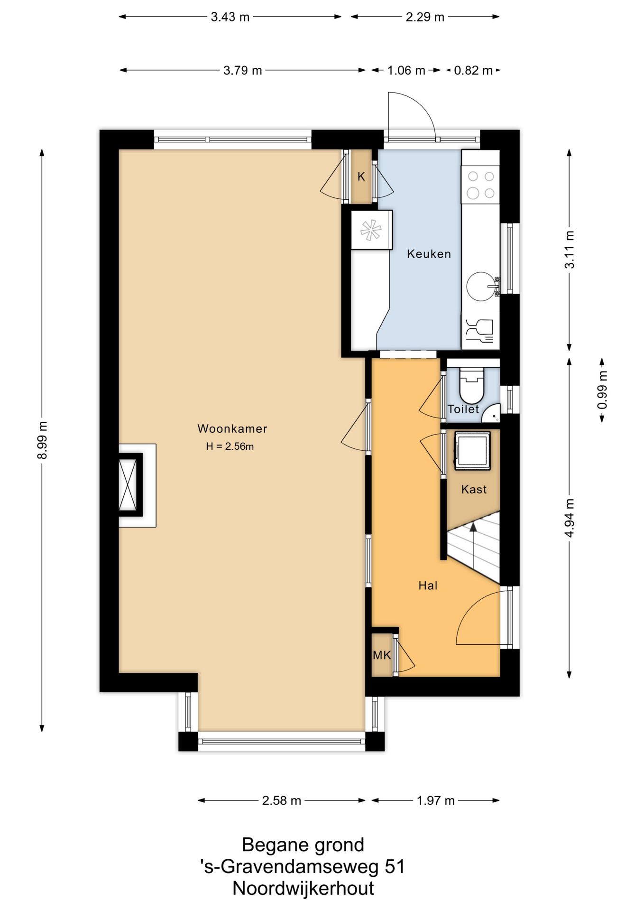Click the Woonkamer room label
[x=232, y=429]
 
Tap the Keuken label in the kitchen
[x=429, y=254]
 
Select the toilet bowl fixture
[x=471, y=384]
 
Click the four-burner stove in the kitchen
[x=481, y=185]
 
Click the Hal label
[x=428, y=586]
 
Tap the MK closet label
[x=382, y=655]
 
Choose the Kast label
[x=474, y=489]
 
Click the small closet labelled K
[x=361, y=177]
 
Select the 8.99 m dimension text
[x=42, y=440]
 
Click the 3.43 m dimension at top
[x=230, y=17]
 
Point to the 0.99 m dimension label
[x=602, y=390]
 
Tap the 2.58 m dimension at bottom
[x=282, y=801]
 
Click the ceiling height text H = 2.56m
[x=230, y=446]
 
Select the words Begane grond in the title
[x=303, y=845]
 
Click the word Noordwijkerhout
[x=303, y=888]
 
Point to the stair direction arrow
[x=473, y=534]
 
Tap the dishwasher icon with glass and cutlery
[x=480, y=331]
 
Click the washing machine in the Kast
[x=472, y=450]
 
